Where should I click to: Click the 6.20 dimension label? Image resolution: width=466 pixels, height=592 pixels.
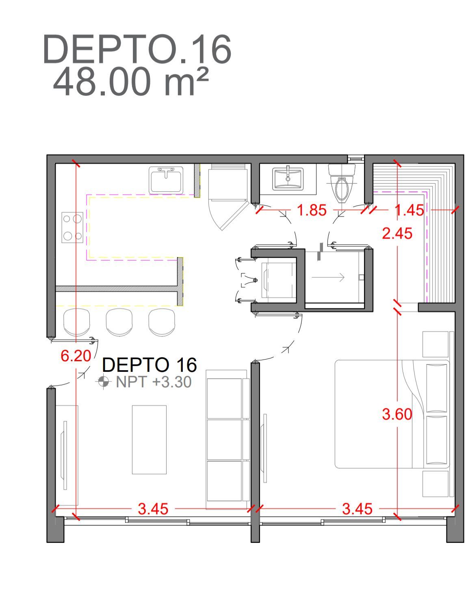pos(76,356)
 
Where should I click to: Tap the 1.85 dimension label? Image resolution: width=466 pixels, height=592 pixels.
pos(312,210)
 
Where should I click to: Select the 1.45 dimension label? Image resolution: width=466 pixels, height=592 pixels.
pos(409,210)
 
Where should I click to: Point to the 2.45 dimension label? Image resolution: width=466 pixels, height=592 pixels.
pos(397,234)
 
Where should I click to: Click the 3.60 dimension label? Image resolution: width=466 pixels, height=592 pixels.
pos(397,414)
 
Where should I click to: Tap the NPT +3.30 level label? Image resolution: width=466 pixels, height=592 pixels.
pos(154,382)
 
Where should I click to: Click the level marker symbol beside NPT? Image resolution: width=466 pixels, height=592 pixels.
pos(103,382)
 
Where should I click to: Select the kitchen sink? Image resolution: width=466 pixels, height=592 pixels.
pos(166,180)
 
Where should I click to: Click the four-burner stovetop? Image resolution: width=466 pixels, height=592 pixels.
pos(72,228)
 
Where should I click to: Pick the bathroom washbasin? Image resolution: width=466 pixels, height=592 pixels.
pos(288,179)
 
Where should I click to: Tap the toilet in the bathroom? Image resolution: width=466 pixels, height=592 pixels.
pos(342,183)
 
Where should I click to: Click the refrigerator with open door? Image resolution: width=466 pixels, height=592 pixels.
pos(229,197)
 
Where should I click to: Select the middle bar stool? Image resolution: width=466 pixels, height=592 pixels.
pos(119,322)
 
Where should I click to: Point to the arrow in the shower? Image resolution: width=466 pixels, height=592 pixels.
pos(328,277)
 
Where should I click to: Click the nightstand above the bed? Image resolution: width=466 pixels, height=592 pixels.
pos(436,344)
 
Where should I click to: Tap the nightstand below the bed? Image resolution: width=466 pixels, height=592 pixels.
pos(436,484)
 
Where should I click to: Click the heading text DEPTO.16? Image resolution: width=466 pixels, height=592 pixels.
pos(137,49)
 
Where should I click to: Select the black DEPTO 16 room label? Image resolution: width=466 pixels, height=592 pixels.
pos(150,365)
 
